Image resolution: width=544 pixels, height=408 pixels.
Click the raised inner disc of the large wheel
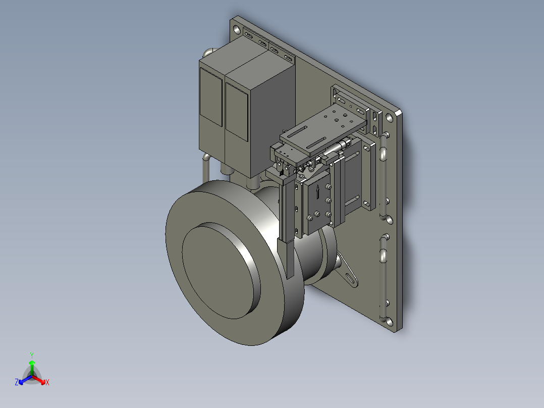coord(217,270)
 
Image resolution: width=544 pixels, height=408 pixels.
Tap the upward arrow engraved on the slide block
coord(317,192)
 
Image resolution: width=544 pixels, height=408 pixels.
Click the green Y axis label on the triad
coord(31,354)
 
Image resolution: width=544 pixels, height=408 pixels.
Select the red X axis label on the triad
coord(47,383)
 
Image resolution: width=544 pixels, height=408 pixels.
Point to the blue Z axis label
coord(17,383)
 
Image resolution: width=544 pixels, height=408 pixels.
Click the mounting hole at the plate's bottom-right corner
coord(389,320)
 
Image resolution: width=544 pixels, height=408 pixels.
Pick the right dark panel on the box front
coord(236,111)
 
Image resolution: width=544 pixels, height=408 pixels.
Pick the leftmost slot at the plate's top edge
coord(249,35)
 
